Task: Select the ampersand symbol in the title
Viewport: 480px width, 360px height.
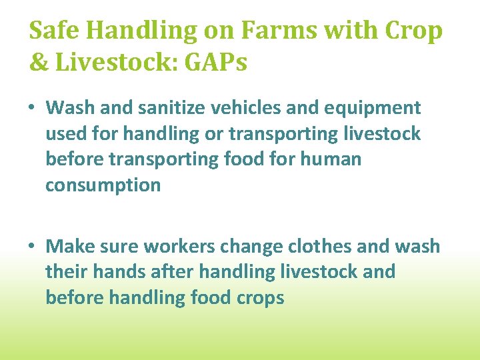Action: [38, 62]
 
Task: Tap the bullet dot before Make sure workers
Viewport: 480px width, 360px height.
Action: [33, 247]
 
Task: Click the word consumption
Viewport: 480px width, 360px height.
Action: [103, 185]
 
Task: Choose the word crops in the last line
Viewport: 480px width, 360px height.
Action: [259, 298]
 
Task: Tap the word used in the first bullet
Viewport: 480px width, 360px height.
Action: [65, 134]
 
